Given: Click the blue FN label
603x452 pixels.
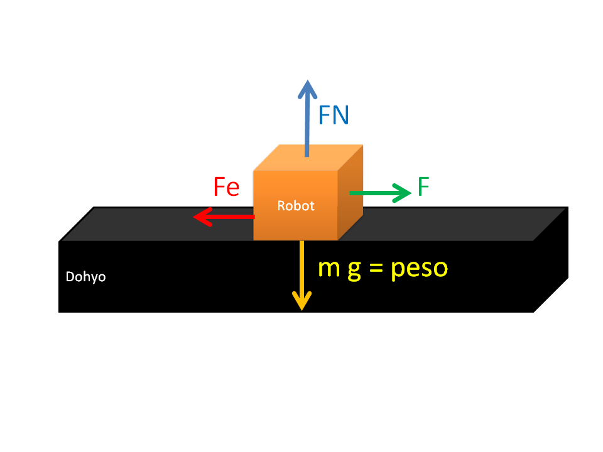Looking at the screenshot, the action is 334,115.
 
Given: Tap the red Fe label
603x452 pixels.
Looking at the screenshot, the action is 227,187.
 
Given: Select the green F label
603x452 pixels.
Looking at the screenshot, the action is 423,187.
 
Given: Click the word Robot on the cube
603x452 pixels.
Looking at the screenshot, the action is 296,206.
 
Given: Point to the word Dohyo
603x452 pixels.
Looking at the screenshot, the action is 85,277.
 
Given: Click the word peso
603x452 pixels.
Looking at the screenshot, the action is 420,269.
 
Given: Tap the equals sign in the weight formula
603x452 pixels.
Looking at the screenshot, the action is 376,269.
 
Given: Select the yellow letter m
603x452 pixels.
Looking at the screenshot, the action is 329,268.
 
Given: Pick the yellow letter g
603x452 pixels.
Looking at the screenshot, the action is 354,271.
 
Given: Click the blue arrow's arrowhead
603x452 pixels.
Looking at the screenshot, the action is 307,89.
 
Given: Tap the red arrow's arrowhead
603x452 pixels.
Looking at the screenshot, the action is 203,217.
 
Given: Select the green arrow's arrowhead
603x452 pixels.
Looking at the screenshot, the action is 401,193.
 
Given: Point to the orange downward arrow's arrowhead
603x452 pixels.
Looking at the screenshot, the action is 302,301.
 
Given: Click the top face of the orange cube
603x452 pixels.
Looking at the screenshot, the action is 308,158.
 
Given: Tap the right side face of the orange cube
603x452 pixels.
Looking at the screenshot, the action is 350,192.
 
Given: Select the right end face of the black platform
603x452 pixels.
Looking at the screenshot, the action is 551,260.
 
